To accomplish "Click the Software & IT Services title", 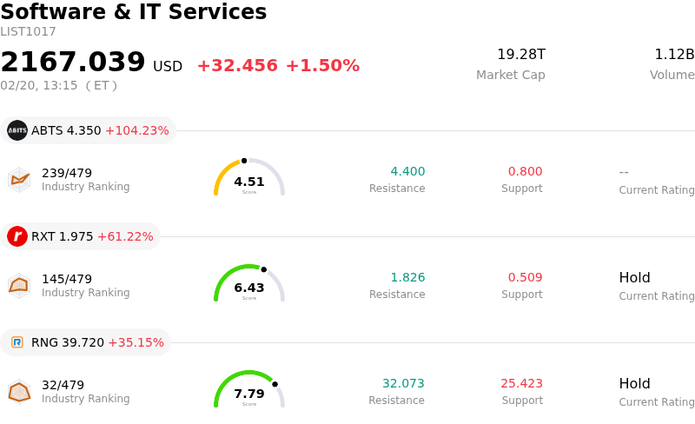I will click(133, 12).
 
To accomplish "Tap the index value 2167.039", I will click(73, 63).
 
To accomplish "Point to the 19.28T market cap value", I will click(521, 55).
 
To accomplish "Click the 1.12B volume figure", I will click(674, 55).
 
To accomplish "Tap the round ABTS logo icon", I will click(17, 130).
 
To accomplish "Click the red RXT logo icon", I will click(17, 236).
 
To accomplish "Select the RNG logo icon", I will click(17, 342).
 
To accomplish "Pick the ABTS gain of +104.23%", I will click(136, 130).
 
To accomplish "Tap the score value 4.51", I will click(249, 182).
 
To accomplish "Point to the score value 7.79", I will click(249, 394).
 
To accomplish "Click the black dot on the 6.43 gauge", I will click(264, 269).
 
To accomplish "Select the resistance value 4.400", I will click(407, 171).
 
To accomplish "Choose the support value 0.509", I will click(525, 277).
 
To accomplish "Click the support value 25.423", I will click(521, 383).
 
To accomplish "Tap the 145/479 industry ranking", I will click(67, 279).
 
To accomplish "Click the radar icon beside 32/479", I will click(19, 393).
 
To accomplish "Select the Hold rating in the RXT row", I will click(634, 278).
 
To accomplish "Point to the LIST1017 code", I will click(28, 32).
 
